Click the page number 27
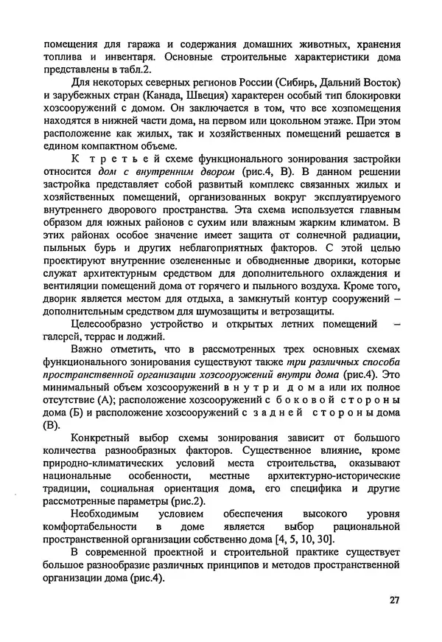coord(394,600)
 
